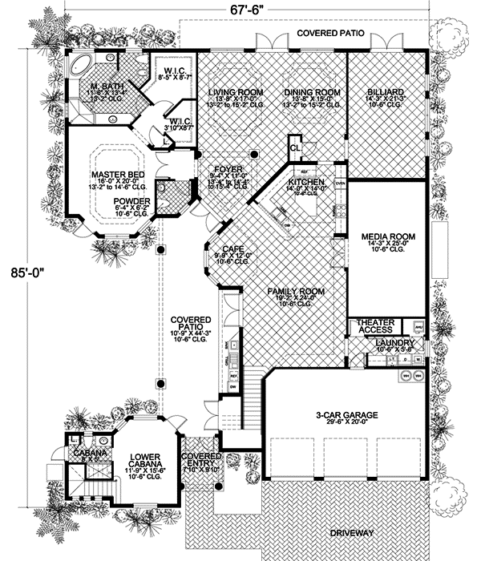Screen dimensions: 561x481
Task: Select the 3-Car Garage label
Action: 347,414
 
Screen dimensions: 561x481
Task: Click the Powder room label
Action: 131,201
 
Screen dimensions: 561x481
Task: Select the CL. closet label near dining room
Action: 296,149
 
